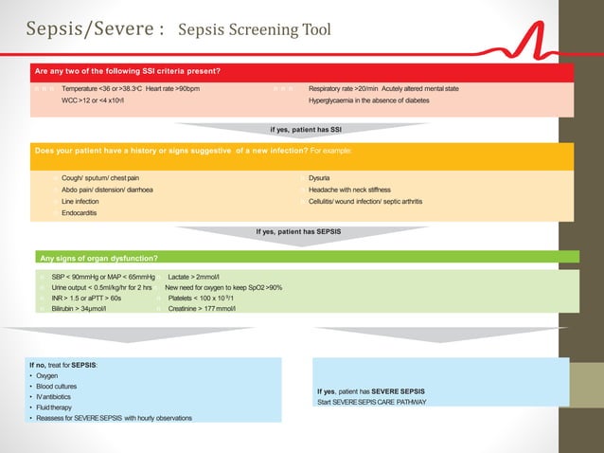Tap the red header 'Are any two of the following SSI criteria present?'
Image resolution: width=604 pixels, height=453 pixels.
pos(127,71)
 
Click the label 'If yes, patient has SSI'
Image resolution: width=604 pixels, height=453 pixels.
pos(306,130)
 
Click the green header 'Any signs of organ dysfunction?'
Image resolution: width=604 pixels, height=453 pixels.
pos(98,258)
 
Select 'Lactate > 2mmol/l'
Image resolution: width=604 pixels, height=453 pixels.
pos(193,276)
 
